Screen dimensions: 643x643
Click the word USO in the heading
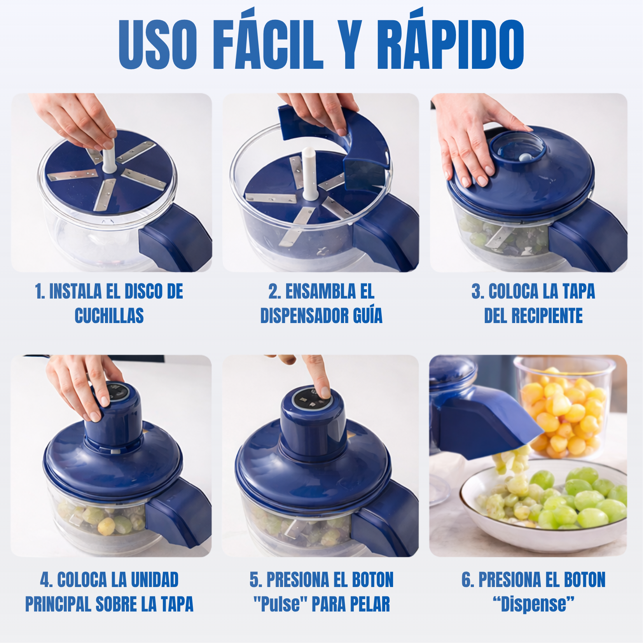pyautogui.click(x=158, y=44)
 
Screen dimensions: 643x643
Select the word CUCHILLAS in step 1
pyautogui.click(x=109, y=316)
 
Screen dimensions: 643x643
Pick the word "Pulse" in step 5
pyautogui.click(x=279, y=604)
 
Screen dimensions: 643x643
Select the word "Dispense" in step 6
pyautogui.click(x=534, y=604)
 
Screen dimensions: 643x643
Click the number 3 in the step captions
pyautogui.click(x=476, y=292)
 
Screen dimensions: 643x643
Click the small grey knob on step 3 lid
pyautogui.click(x=524, y=157)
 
